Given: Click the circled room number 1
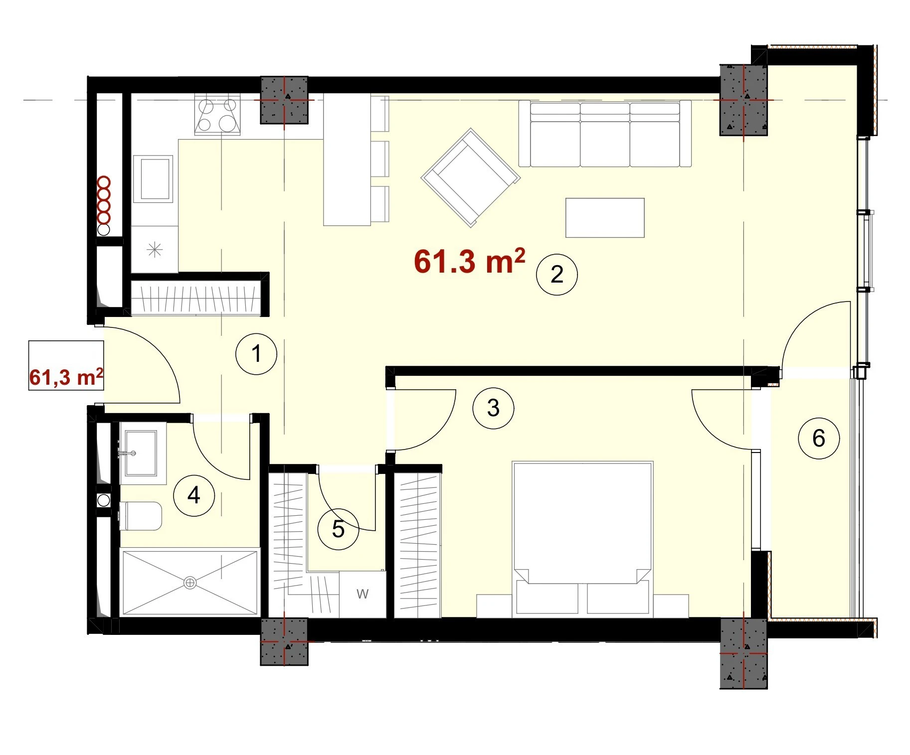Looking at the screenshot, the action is click(256, 354).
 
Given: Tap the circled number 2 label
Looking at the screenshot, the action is click(556, 275).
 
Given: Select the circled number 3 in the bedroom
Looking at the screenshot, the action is click(493, 408).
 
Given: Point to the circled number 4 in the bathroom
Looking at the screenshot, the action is click(194, 495).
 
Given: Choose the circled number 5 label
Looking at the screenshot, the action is click(338, 529).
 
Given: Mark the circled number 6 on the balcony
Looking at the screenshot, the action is click(819, 439).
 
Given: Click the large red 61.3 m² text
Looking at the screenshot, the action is click(469, 261).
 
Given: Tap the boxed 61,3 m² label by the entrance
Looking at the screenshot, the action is click(66, 377).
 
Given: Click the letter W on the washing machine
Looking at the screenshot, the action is click(363, 594).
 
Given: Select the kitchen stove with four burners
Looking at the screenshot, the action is click(218, 115).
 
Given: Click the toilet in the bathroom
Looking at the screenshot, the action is click(141, 516).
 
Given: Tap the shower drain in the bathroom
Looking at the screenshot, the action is click(190, 582).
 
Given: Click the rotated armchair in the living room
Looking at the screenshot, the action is click(471, 178).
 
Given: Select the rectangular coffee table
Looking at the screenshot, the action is click(605, 218).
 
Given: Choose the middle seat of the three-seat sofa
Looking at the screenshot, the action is click(605, 135).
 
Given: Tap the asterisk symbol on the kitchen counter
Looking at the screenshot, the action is click(155, 249).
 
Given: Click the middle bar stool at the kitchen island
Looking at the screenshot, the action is click(380, 159).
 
